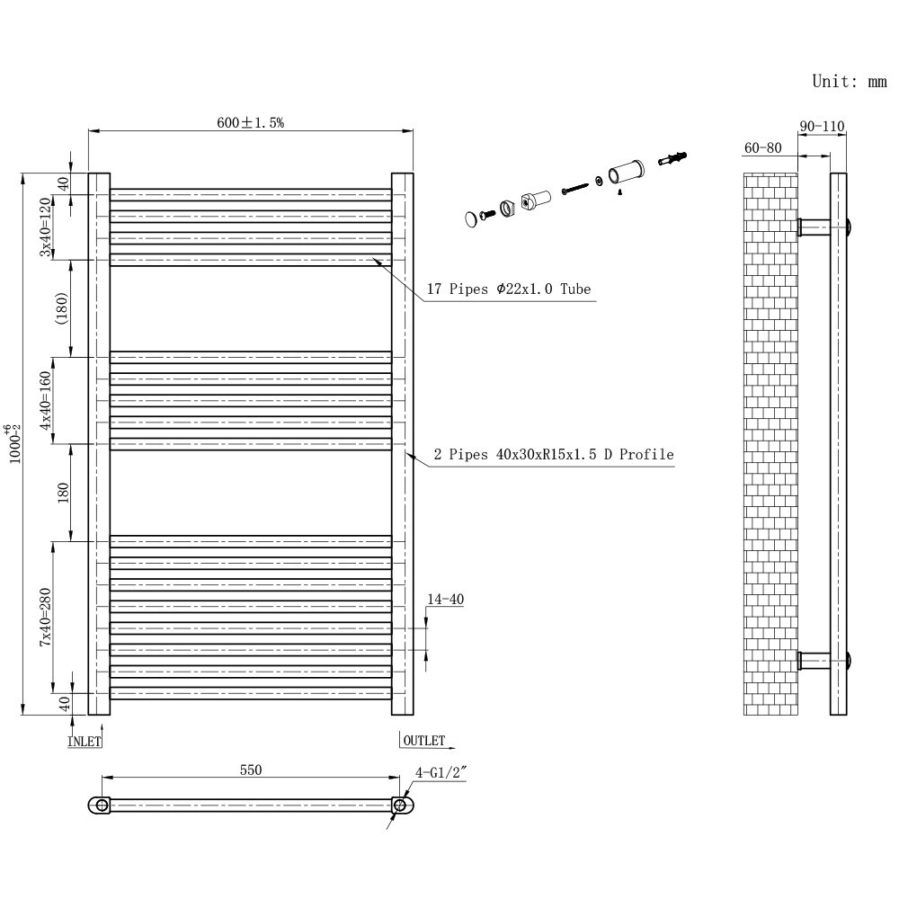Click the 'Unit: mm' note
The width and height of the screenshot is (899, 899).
click(849, 81)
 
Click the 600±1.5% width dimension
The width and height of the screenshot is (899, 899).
click(250, 123)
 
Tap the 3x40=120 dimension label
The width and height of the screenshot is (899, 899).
click(45, 227)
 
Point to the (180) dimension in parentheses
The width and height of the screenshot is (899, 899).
click(62, 308)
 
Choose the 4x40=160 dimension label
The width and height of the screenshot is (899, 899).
click(45, 400)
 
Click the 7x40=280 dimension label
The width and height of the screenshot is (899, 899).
click(45, 618)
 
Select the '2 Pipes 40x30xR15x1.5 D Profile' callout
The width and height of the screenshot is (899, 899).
click(553, 455)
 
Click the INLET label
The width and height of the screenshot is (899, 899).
click(85, 742)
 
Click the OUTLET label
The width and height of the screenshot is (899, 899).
click(423, 741)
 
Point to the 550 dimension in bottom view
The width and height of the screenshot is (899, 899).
click(250, 770)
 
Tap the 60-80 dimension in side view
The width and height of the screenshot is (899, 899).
click(763, 147)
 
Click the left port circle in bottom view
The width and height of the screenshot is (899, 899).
click(102, 805)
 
